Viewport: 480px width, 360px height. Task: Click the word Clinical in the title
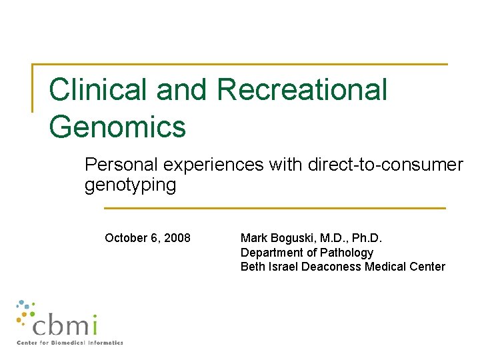(x=97, y=90)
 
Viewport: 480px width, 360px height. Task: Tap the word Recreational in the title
(x=302, y=90)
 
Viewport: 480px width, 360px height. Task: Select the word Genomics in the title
(x=117, y=127)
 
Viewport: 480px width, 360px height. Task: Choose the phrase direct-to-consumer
(x=385, y=165)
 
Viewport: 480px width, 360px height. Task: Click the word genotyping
(x=130, y=185)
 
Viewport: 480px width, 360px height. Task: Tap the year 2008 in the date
(x=177, y=239)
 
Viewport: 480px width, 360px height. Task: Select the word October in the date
(x=127, y=239)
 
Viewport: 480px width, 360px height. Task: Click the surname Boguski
(x=291, y=239)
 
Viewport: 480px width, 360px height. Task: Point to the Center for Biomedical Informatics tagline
(x=70, y=343)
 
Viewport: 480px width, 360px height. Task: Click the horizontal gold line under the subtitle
(x=275, y=208)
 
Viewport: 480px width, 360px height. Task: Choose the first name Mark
(x=253, y=239)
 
